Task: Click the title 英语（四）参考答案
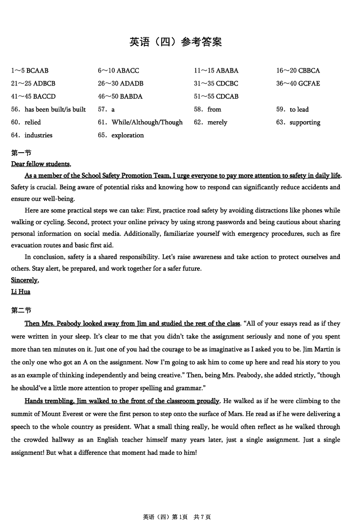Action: click(176, 42)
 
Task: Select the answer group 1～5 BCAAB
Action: click(30, 71)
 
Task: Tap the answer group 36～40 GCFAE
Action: click(298, 84)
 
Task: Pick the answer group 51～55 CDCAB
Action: click(216, 96)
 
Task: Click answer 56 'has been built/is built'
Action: click(55, 109)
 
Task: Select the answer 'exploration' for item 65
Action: click(127, 136)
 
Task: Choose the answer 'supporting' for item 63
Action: click(305, 122)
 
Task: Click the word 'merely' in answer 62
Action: click(217, 122)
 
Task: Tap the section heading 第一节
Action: click(21, 153)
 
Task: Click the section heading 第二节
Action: click(21, 310)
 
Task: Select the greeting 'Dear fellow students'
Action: click(40, 164)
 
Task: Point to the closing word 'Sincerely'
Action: click(24, 280)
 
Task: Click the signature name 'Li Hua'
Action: click(21, 292)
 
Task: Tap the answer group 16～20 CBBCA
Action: click(298, 71)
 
